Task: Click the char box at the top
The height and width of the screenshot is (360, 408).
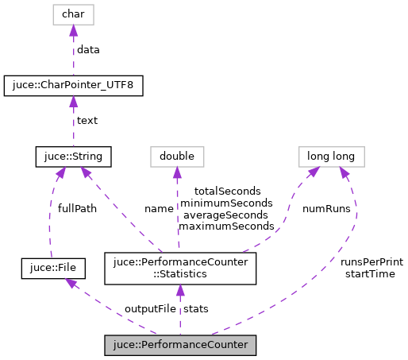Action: click(x=73, y=14)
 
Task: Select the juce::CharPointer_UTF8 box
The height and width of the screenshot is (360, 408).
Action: click(x=73, y=85)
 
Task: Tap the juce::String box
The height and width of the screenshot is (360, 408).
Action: click(x=73, y=157)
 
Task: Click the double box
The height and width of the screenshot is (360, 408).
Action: click(x=178, y=157)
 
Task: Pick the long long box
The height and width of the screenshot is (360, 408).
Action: click(x=331, y=157)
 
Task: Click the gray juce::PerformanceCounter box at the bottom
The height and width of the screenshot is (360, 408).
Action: click(x=180, y=346)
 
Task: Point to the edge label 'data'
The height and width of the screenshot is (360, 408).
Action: click(x=88, y=49)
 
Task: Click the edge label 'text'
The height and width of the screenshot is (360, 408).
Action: click(x=87, y=121)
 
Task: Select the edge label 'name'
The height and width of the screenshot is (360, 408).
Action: click(x=158, y=208)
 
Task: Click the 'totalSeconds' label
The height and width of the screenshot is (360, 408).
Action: click(x=226, y=192)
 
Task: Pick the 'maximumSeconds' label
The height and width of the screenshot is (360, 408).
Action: click(x=226, y=226)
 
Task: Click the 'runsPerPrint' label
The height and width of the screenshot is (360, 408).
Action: click(x=371, y=262)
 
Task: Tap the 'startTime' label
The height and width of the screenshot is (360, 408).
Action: click(x=371, y=273)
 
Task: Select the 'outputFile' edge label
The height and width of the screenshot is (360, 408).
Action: click(x=150, y=308)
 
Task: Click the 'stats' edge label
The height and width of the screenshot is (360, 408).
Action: click(x=197, y=308)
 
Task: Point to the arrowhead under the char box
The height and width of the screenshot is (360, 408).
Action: click(x=73, y=31)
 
